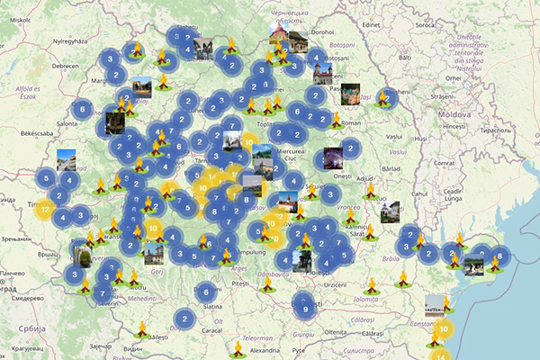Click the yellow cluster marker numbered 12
(x=44, y=210)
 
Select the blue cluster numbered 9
(x=306, y=310)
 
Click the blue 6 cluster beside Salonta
(x=82, y=110)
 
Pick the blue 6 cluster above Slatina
(x=206, y=291)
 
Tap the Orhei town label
(x=452, y=78)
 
